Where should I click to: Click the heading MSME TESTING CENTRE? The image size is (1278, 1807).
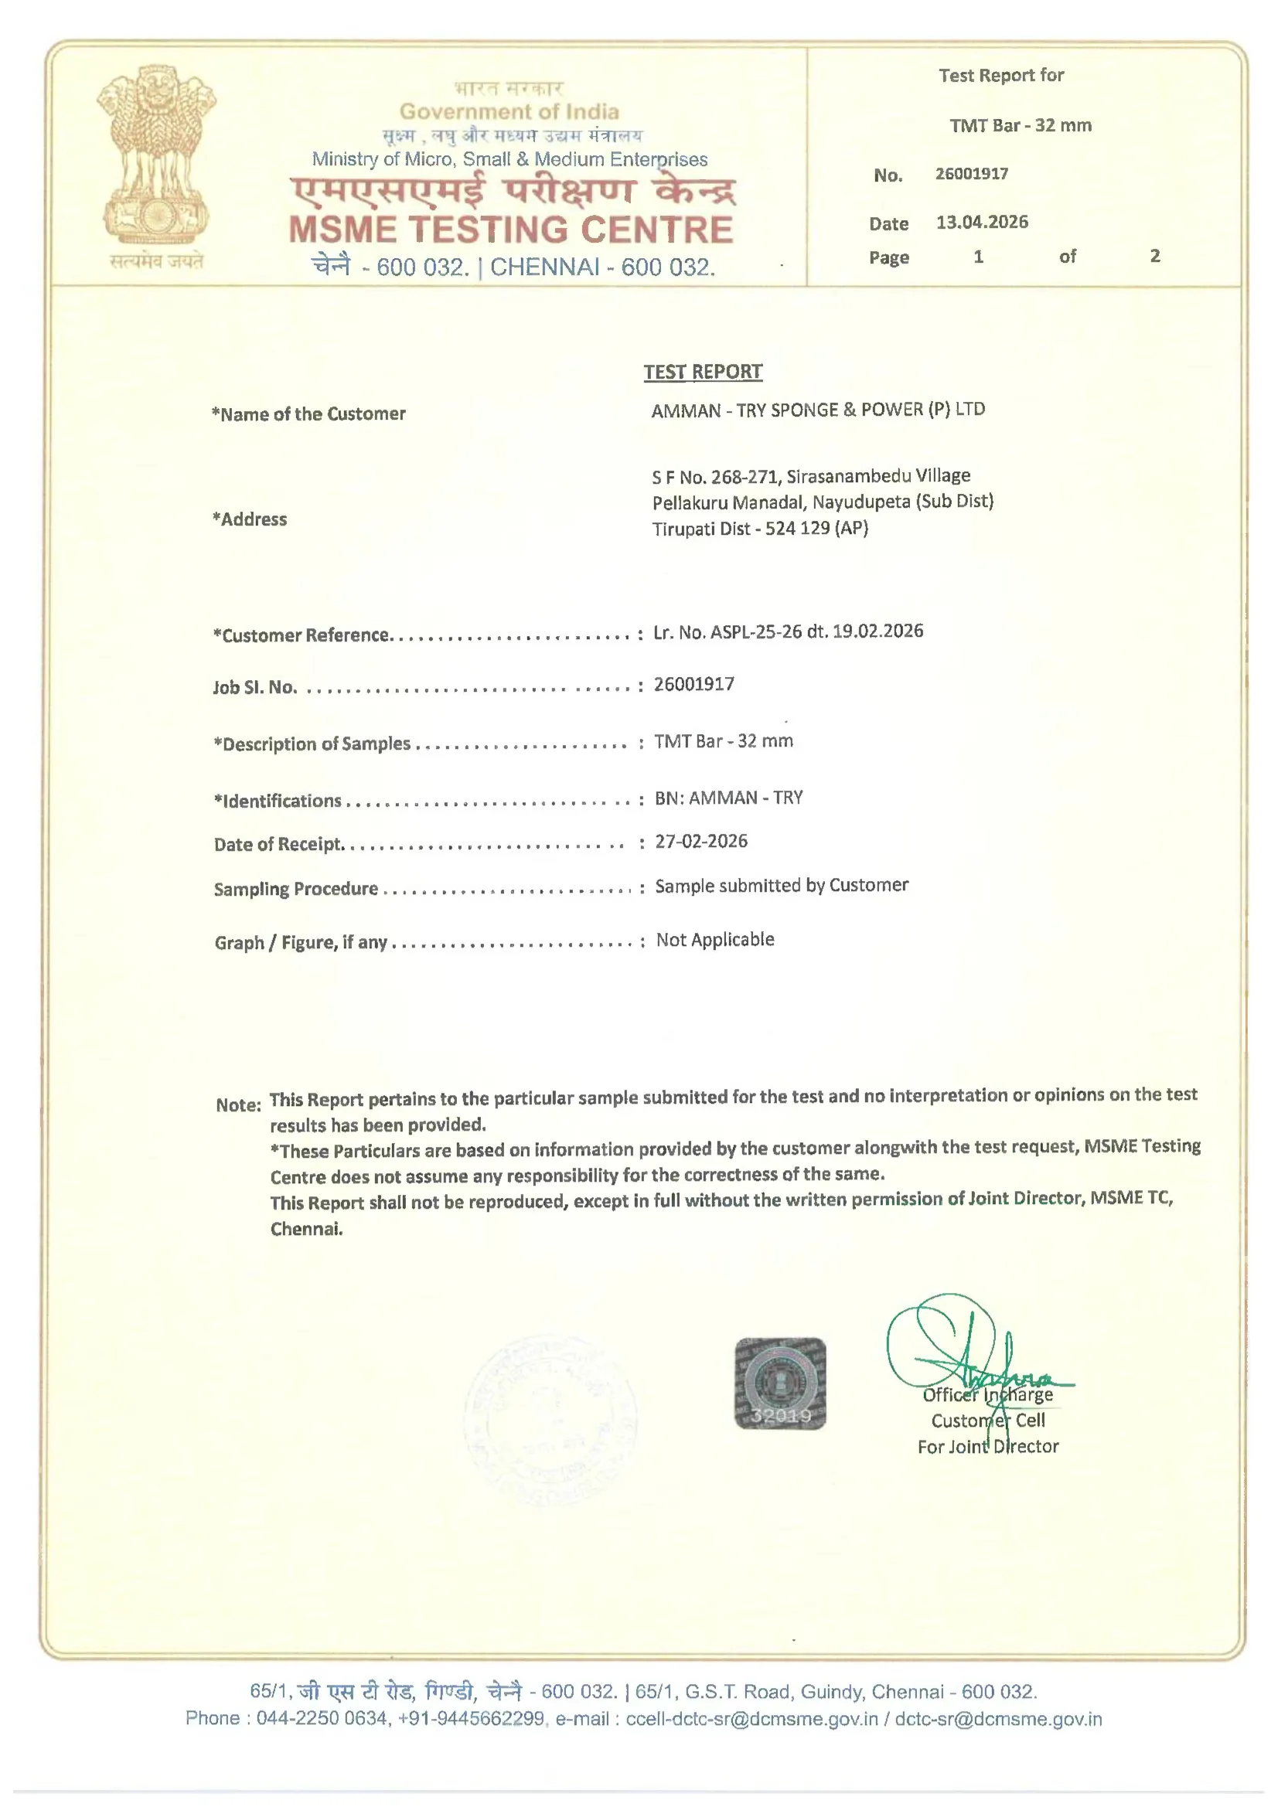(x=511, y=230)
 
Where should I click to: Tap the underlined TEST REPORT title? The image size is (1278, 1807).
(x=702, y=372)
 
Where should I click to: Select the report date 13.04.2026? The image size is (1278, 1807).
(x=981, y=222)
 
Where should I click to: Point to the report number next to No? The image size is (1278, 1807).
(x=971, y=174)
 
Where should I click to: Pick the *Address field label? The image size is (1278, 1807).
(x=250, y=519)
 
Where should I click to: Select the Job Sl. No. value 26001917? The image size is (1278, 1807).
(x=694, y=684)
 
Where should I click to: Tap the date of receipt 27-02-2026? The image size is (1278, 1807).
(x=700, y=842)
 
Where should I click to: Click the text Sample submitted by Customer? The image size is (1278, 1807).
(x=781, y=886)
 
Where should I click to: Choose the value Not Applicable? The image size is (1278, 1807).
(x=715, y=940)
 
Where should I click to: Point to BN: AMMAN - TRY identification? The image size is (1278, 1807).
(x=728, y=798)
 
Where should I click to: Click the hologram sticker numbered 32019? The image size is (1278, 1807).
(x=779, y=1383)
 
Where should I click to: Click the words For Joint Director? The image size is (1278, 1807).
(x=987, y=1447)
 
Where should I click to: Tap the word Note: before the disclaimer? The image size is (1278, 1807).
(x=238, y=1105)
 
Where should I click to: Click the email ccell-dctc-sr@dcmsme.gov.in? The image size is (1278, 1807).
(x=751, y=1719)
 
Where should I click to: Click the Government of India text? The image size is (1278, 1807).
(x=509, y=112)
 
